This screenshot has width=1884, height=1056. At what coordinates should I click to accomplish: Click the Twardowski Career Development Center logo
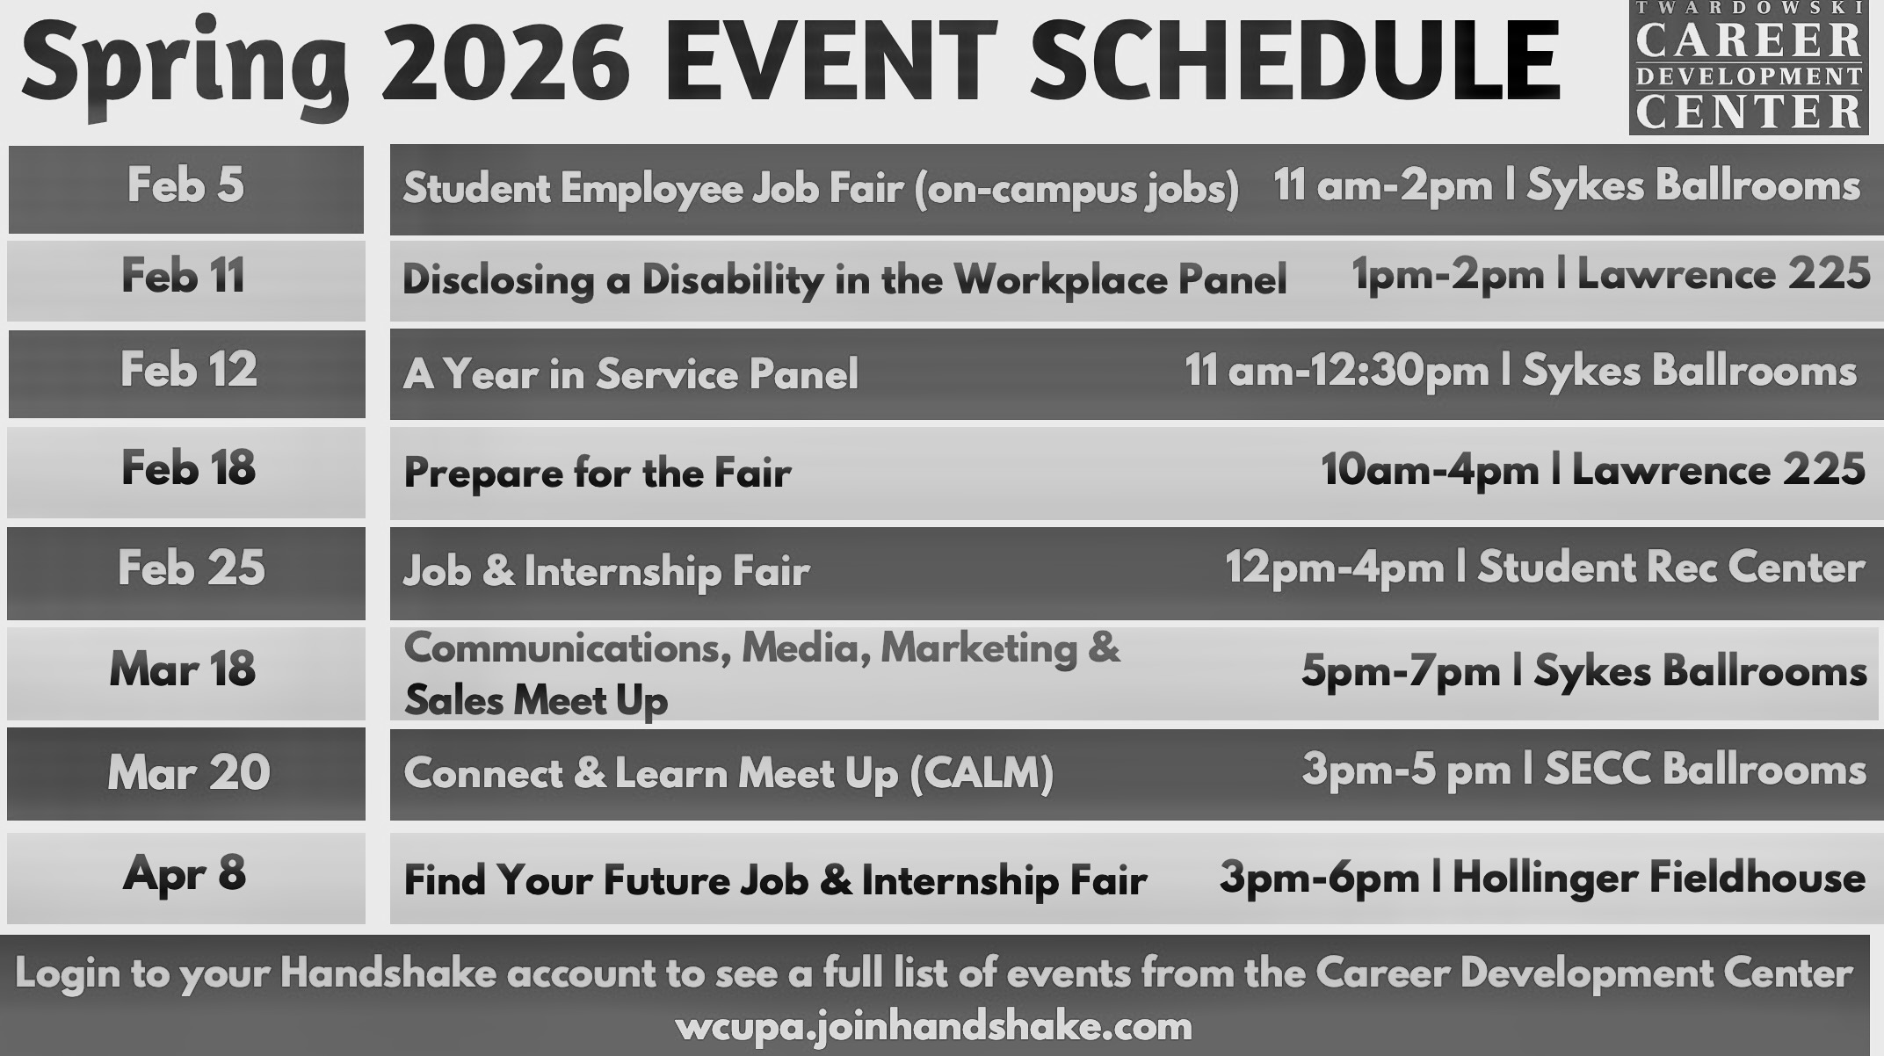(x=1748, y=68)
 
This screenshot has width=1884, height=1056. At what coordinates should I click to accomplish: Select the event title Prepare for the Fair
(x=598, y=474)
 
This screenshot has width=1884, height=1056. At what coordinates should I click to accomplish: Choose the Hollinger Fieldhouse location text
(x=1658, y=879)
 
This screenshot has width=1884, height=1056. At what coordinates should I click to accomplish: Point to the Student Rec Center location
(x=1670, y=568)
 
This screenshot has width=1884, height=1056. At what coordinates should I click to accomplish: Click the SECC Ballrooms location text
(x=1705, y=770)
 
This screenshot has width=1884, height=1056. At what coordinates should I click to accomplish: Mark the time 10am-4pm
(x=1430, y=471)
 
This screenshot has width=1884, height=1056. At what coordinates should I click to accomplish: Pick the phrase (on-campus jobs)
(x=1076, y=189)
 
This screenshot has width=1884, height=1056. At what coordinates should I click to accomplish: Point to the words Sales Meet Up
(x=536, y=701)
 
